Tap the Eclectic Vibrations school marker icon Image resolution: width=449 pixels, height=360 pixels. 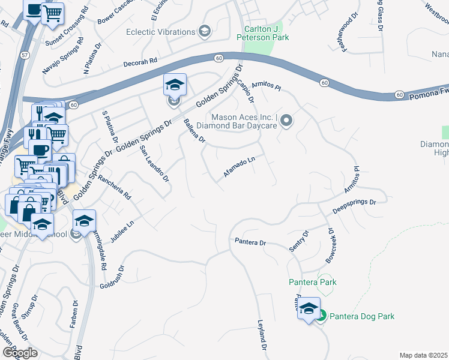coord(204,31)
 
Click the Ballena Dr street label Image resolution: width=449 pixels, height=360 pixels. coord(194,130)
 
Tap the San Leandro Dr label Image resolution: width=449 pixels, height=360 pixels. coord(154,163)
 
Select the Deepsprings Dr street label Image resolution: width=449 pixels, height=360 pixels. coord(354,208)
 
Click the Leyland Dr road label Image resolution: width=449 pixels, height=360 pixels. coord(262,335)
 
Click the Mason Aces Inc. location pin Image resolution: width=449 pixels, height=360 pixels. coord(286,121)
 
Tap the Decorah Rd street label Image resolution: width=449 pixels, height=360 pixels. coord(140,61)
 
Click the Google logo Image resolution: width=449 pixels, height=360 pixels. coord(19,352)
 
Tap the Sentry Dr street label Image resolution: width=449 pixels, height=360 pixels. coord(303,241)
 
